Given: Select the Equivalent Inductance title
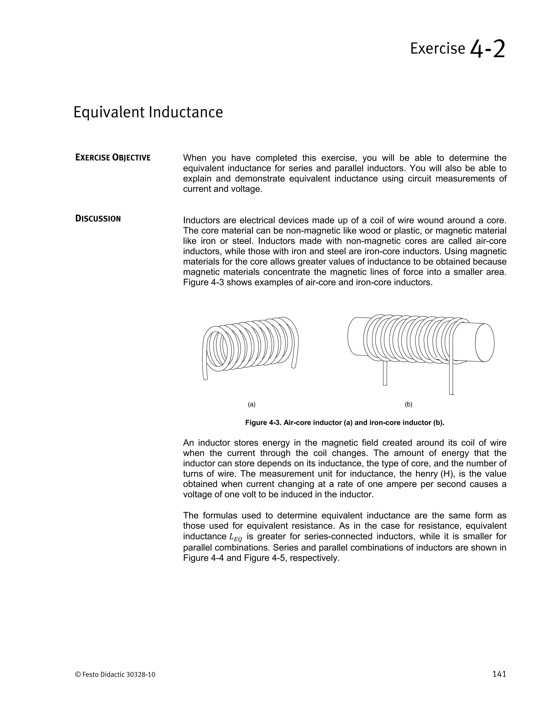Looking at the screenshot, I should (x=148, y=112).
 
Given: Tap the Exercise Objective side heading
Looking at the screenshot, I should (x=113, y=158).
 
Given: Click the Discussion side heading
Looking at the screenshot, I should (x=98, y=218).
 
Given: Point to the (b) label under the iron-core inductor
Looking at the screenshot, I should (x=408, y=405).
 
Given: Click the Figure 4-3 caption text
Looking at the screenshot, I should (x=345, y=423).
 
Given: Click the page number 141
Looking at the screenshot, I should (x=499, y=674).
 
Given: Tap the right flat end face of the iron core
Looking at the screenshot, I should (x=484, y=342).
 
